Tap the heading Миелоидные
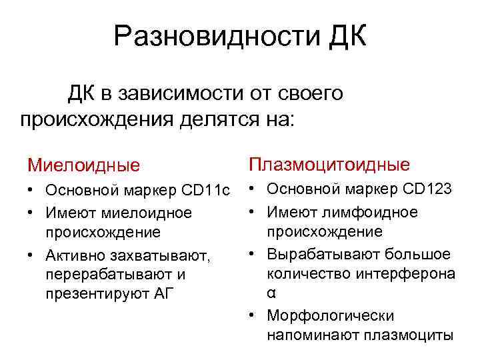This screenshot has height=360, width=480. pyautogui.click(x=83, y=164)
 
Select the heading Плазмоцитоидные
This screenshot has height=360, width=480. pyautogui.click(x=329, y=163)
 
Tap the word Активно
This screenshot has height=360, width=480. pyautogui.click(x=72, y=255)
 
